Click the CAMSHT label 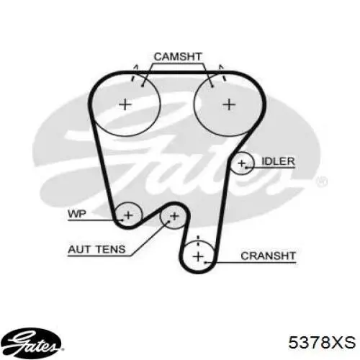(x=178, y=57)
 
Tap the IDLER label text (x=278, y=161)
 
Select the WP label (x=77, y=214)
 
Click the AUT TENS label (x=96, y=249)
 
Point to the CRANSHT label (x=268, y=256)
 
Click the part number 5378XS (x=322, y=342)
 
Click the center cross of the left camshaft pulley (x=125, y=104)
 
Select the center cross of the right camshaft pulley (x=229, y=104)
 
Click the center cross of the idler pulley (x=241, y=163)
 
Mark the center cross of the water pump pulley (x=128, y=215)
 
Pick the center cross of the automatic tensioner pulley (x=174, y=216)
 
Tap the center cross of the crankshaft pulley (x=198, y=256)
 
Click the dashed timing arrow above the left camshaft (x=134, y=73)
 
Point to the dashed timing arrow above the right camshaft (x=222, y=73)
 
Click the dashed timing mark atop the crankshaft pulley (x=198, y=240)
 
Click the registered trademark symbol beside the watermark (x=322, y=181)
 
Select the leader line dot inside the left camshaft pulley (x=143, y=86)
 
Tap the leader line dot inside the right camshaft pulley (x=212, y=86)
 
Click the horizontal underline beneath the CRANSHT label (x=250, y=263)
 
